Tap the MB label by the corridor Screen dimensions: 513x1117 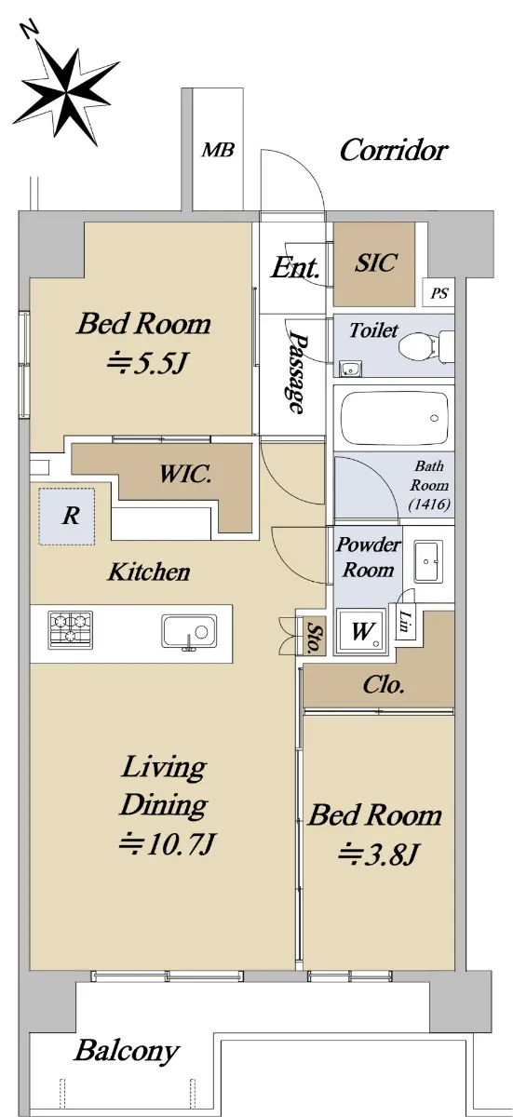[217, 150]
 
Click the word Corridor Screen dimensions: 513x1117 [393, 150]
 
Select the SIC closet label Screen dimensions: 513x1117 [376, 262]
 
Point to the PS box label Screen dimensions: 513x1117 [439, 293]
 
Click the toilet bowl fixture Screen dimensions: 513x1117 [425, 344]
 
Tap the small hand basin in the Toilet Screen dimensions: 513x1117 [350, 369]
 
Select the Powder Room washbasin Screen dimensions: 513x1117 [428, 561]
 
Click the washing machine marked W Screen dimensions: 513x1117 [361, 632]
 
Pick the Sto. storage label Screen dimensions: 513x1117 [314, 638]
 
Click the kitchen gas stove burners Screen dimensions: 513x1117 [71, 630]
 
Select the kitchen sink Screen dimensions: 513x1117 [189, 632]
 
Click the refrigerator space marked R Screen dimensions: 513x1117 [67, 516]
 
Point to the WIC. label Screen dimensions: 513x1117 [185, 474]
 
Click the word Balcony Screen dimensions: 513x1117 [127, 1050]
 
